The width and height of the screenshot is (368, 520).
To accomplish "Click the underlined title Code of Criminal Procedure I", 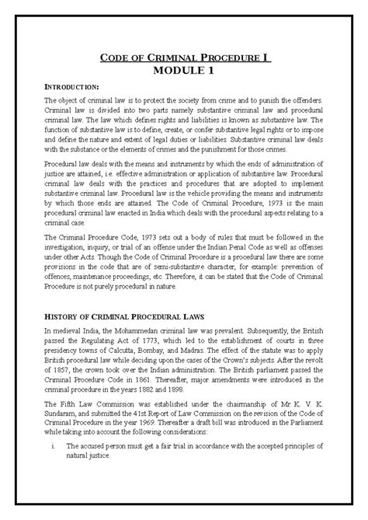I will click(x=184, y=58).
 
